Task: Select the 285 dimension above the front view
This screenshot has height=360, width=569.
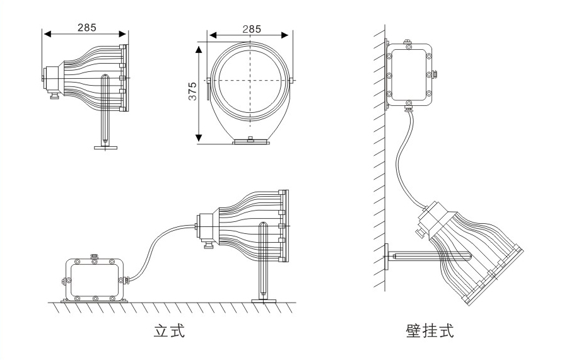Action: [x=251, y=28]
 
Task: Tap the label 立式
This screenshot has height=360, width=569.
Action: [x=170, y=330]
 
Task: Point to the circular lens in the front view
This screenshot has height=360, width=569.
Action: [x=251, y=81]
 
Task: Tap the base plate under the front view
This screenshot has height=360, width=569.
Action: [x=251, y=142]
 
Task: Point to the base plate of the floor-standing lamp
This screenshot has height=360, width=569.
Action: [x=264, y=301]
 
